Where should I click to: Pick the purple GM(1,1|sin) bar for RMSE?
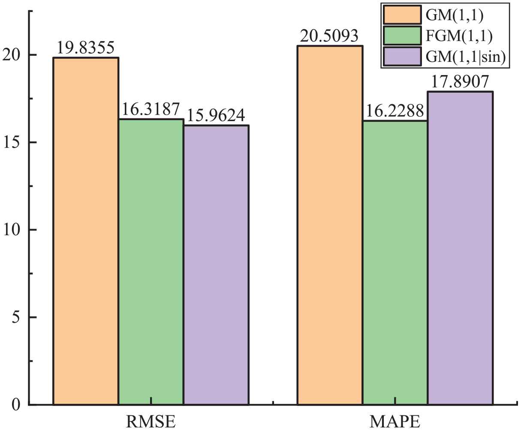point(216,265)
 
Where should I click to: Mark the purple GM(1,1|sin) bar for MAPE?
point(460,248)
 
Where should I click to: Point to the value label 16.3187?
point(151,110)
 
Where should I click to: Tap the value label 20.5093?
point(330,36)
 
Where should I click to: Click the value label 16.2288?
point(395,111)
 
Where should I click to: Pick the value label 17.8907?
point(460,82)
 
